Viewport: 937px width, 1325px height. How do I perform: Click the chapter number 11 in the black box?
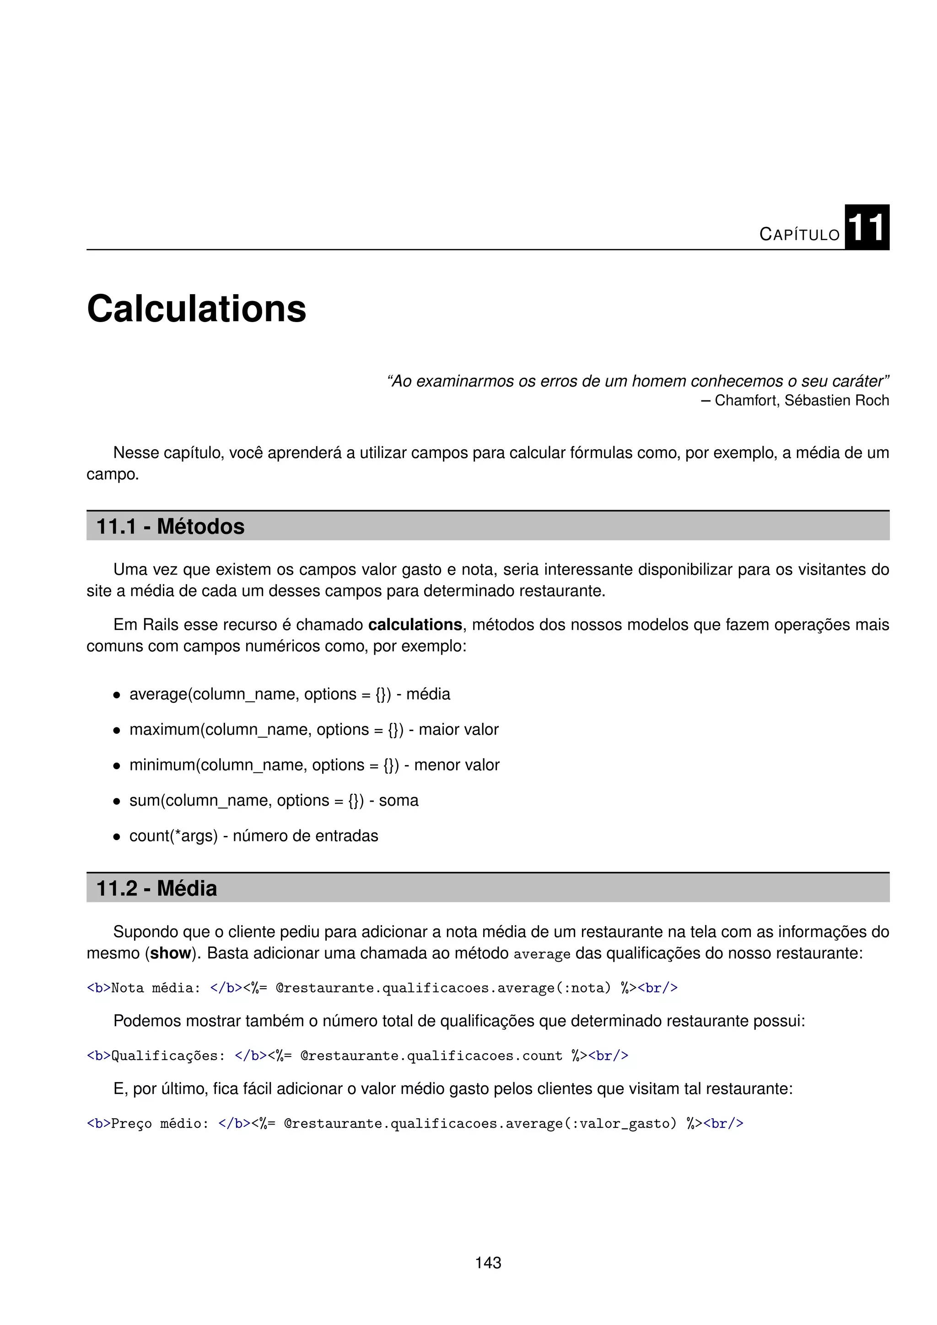[866, 227]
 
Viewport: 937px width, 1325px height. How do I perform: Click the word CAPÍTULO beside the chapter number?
[799, 234]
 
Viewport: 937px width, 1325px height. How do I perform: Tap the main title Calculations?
[196, 309]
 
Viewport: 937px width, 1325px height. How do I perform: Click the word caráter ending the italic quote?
[862, 382]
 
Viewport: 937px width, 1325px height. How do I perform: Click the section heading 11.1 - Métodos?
[170, 526]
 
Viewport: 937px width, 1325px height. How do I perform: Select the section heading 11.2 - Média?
[156, 888]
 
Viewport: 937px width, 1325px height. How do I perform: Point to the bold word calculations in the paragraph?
[415, 625]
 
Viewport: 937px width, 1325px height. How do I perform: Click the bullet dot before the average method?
[117, 695]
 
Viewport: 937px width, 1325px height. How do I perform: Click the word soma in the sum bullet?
[398, 800]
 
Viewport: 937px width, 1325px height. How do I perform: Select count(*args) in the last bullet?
[173, 836]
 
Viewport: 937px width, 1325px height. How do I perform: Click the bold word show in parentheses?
[170, 953]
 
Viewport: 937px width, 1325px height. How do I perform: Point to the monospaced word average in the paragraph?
[541, 954]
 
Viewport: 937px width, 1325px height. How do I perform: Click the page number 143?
[488, 1263]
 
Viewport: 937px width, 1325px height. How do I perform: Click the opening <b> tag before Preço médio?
[98, 1124]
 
